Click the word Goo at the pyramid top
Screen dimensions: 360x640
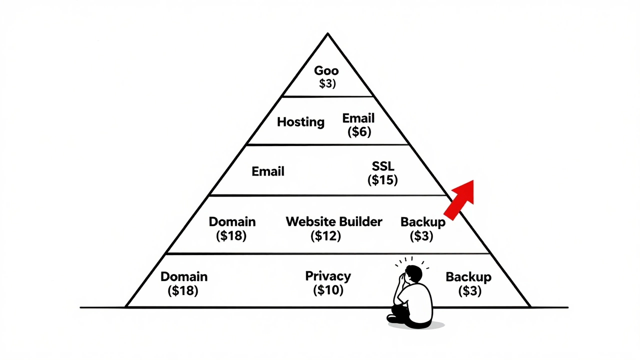click(326, 71)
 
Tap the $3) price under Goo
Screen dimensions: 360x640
click(327, 83)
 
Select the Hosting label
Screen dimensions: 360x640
click(300, 122)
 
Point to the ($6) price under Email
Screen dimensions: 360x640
click(358, 132)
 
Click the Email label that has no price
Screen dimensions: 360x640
click(268, 171)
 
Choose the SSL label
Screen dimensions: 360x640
click(383, 166)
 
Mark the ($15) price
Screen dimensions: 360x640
click(382, 180)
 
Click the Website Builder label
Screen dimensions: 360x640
click(334, 221)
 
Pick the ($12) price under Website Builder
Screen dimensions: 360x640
click(325, 235)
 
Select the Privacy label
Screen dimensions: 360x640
click(328, 276)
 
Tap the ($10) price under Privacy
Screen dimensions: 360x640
click(328, 290)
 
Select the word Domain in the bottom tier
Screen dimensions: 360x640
click(184, 276)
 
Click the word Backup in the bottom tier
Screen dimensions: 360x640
click(468, 277)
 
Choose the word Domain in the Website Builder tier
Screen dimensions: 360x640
click(232, 221)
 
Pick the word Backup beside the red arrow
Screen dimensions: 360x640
click(422, 222)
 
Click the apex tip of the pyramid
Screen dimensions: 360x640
click(327, 34)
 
